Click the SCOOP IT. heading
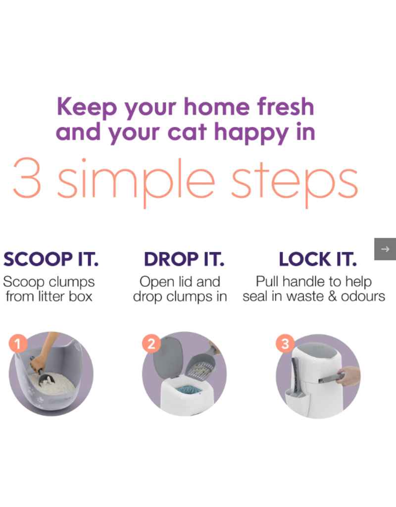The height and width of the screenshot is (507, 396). click(x=50, y=259)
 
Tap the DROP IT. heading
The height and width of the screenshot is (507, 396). click(x=184, y=259)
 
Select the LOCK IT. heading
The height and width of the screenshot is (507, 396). click(x=317, y=259)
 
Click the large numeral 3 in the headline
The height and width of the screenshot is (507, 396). click(x=28, y=178)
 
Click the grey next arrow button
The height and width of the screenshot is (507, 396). click(x=385, y=249)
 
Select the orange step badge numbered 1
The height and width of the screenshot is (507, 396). click(x=18, y=343)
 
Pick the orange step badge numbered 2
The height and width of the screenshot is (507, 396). click(x=151, y=343)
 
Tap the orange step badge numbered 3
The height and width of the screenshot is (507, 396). click(x=285, y=343)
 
